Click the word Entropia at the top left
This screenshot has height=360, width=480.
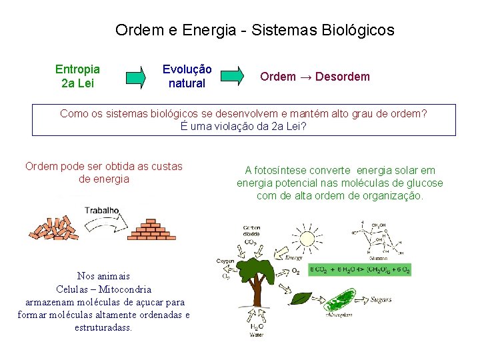78,69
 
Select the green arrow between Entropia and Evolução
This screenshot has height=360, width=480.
137,77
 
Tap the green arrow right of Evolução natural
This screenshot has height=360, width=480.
233,76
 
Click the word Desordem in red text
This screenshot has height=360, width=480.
342,77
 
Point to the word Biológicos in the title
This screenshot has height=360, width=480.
358,30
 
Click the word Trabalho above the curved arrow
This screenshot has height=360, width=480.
101,211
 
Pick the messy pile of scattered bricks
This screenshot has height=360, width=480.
54,227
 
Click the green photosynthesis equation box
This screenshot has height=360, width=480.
360,269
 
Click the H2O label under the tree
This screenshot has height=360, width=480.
258,327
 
